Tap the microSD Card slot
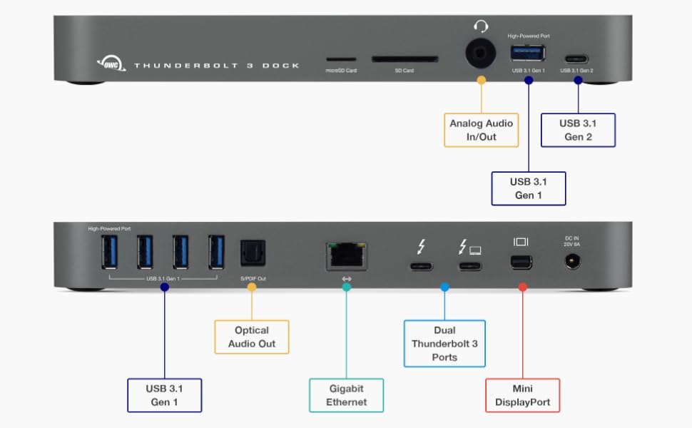[x=340, y=61]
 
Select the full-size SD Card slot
[x=404, y=61]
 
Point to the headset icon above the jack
[x=482, y=26]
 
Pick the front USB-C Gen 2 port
[x=577, y=59]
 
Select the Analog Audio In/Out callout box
[x=482, y=129]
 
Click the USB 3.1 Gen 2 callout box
[x=578, y=129]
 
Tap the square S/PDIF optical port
[x=251, y=252]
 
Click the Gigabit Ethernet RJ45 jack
[x=346, y=255]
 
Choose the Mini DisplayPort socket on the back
[x=522, y=264]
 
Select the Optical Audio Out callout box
[x=252, y=337]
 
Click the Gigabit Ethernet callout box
[x=347, y=395]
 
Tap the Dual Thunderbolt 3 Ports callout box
[x=444, y=343]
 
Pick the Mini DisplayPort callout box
[x=523, y=395]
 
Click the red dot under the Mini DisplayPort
[x=522, y=287]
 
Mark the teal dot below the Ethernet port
[x=347, y=287]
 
